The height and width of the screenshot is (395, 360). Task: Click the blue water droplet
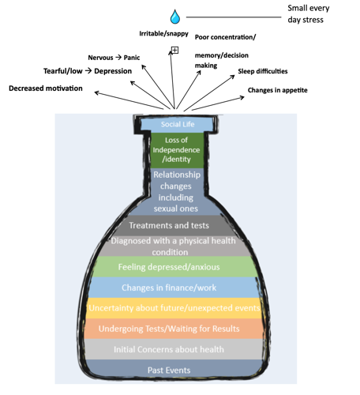pos(175,17)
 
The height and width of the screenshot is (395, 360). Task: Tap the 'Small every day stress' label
pos(308,14)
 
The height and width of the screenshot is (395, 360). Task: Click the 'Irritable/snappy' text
pos(163,34)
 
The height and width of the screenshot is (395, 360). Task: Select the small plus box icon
pos(174,50)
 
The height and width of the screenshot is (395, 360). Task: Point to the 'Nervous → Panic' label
pos(114,58)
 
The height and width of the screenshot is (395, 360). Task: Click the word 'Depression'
pos(113,71)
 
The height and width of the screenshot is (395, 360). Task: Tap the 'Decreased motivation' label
pos(46,88)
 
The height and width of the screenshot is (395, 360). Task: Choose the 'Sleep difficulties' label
pos(263,71)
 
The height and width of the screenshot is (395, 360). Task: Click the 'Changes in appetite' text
pos(277,90)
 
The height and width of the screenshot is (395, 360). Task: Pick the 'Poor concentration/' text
pos(225,37)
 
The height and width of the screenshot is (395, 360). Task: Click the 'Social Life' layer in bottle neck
pos(178,124)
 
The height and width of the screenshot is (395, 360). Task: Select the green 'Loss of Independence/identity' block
pos(177,150)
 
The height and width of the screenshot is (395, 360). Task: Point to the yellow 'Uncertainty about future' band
pos(174,308)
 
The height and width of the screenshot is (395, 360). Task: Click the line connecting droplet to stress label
pos(234,17)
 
